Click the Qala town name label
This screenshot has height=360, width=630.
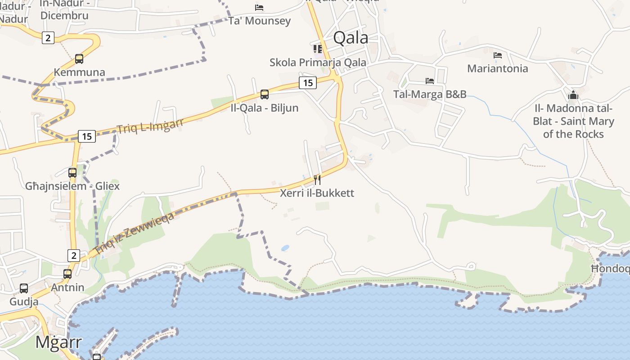[351, 38]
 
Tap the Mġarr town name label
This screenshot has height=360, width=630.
[58, 342]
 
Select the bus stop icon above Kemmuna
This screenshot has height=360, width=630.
[79, 58]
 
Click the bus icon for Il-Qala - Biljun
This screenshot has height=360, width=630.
[265, 94]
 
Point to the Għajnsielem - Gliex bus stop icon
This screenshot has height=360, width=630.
[72, 172]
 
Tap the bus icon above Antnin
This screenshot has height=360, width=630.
[67, 274]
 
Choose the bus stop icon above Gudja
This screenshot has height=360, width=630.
[24, 288]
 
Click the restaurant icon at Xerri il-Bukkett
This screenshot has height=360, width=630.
[317, 180]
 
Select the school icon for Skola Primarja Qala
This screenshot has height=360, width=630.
[318, 49]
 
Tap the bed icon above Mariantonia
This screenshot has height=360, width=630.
[498, 55]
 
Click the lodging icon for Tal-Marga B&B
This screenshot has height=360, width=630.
[430, 81]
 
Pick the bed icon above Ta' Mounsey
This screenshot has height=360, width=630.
[259, 7]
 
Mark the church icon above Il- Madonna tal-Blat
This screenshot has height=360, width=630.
[573, 95]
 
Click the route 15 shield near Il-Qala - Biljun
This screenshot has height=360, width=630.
[308, 83]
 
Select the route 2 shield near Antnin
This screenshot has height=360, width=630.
[74, 256]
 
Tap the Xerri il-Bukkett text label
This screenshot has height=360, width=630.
[317, 193]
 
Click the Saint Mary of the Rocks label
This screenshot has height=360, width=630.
[573, 127]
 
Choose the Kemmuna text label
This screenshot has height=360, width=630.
[79, 72]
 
